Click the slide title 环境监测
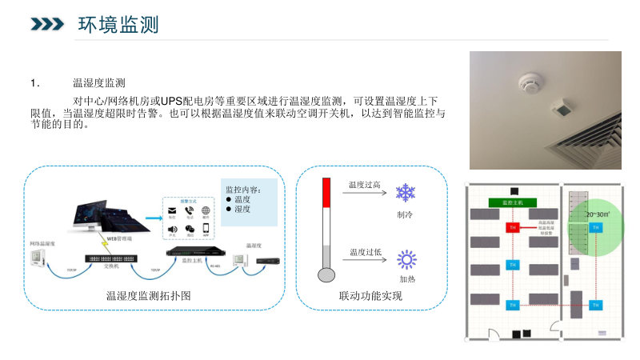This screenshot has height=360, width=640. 118,25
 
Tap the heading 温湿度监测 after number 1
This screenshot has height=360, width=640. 98,82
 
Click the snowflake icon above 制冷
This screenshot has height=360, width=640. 406,193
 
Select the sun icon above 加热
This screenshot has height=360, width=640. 407,259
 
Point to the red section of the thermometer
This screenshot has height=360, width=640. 326,192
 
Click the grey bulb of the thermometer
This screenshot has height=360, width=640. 326,274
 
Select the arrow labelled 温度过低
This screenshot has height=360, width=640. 365,261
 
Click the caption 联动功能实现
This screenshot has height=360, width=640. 370,296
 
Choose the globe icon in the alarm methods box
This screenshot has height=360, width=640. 206,211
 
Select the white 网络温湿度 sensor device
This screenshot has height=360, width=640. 38,256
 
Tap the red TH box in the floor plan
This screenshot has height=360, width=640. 512,228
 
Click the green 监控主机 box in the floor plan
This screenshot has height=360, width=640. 511,203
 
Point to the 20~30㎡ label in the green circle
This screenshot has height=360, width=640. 597,214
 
